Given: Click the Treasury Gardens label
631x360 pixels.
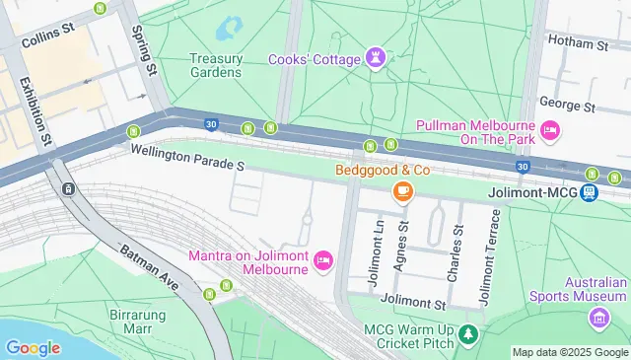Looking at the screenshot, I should pos(215,64).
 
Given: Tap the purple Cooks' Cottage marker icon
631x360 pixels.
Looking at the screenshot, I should pos(376,58).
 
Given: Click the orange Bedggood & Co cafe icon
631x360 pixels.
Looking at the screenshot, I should pos(402,191).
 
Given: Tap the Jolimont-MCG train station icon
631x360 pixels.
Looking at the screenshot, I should pos(589,192).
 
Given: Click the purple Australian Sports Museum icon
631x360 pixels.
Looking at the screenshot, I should pos(597,318).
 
